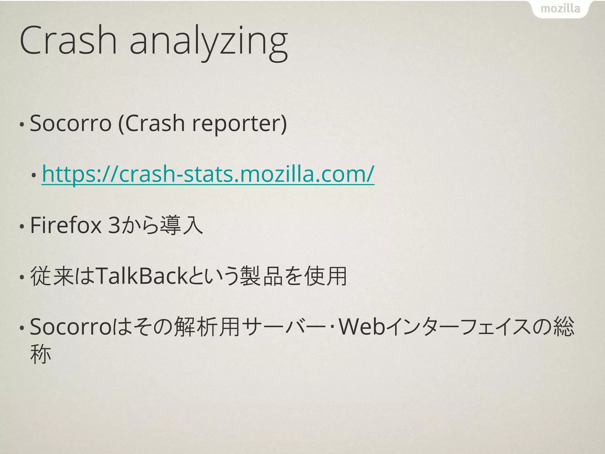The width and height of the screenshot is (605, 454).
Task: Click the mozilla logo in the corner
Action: [560, 9]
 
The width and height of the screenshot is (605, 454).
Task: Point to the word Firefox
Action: [66, 225]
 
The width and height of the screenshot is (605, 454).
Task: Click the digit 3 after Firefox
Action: [114, 225]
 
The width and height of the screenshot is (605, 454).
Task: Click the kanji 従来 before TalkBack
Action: [52, 276]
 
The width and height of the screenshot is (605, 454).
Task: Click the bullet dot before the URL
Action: [34, 176]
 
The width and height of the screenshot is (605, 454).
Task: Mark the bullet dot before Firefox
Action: [22, 227]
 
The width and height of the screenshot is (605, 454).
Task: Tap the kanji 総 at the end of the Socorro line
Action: [564, 327]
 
